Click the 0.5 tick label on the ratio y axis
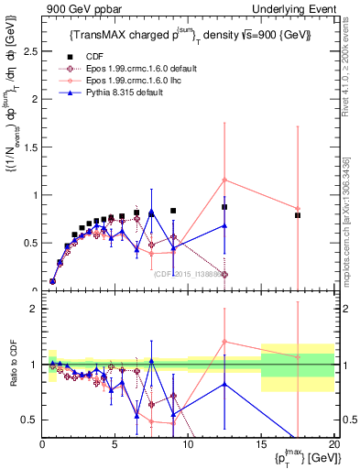click(x=30, y=420)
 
